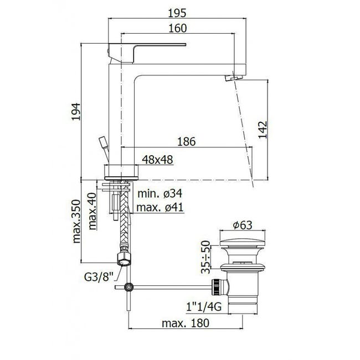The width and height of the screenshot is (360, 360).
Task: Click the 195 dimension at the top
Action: (x=177, y=13)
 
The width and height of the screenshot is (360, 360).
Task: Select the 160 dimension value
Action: (x=178, y=28)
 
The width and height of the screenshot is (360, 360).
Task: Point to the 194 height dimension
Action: (x=76, y=112)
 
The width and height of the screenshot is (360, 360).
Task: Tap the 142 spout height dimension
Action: (x=263, y=130)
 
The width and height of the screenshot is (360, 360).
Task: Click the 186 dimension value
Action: (x=187, y=142)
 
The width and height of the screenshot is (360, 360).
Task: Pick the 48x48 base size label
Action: (x=157, y=160)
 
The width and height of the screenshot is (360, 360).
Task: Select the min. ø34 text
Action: (x=160, y=193)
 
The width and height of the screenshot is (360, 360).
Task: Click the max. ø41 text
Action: (x=160, y=207)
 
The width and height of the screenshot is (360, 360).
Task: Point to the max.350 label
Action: (x=76, y=222)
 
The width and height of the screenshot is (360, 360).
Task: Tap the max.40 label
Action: (x=92, y=211)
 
